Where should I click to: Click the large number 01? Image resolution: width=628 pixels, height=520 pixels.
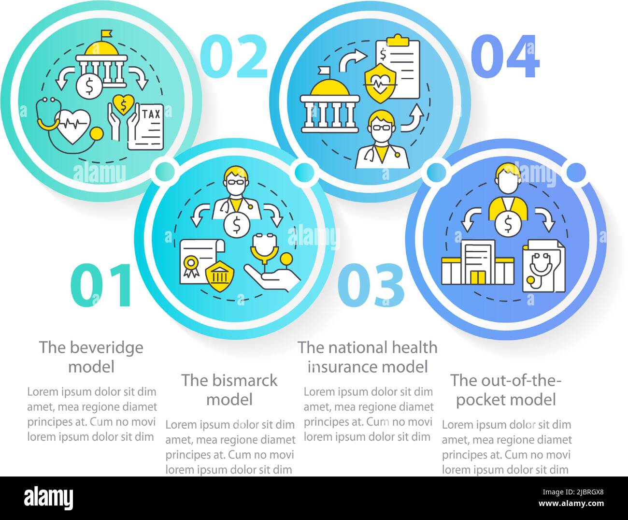coord(101,285)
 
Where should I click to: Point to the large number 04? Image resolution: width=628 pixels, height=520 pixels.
coord(505,57)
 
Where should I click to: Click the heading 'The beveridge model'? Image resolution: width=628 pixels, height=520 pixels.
coord(91,357)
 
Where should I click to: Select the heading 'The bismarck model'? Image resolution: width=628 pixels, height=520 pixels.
coord(229,390)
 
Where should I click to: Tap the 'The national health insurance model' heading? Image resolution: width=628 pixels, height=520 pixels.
coord(368,357)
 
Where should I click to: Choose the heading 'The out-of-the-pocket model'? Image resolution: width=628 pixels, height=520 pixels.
coord(506,390)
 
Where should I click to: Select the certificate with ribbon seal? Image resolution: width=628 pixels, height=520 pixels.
coord(199,261)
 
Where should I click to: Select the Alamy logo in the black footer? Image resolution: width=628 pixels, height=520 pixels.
coord(49,498)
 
